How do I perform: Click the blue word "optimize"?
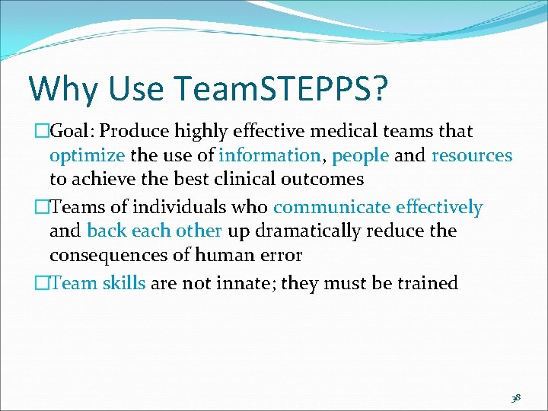[x=87, y=156]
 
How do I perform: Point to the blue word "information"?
[x=269, y=155]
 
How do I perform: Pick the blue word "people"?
[x=361, y=156]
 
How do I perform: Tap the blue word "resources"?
[x=472, y=155]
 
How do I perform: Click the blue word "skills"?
[x=123, y=283]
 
